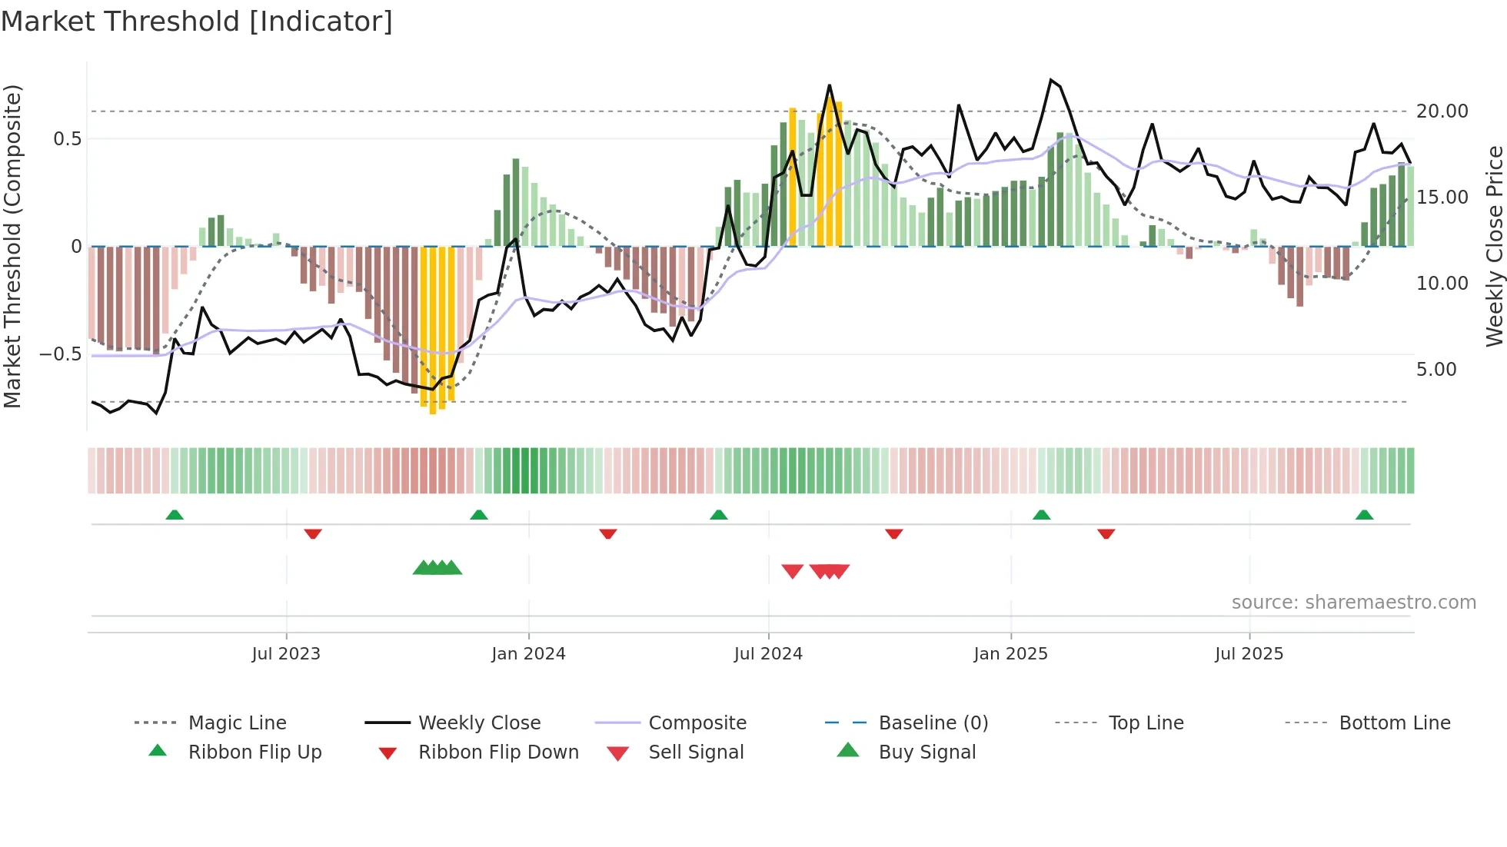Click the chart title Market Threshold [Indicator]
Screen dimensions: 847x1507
pos(197,22)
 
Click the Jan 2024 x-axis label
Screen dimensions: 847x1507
pos(528,653)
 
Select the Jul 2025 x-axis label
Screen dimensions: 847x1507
pos(1249,653)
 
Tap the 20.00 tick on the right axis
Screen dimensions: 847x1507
pos(1442,111)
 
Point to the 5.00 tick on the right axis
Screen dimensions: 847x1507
pos(1435,370)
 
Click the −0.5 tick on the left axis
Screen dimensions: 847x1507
pos(60,354)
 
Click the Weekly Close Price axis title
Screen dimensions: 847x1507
pos(1494,246)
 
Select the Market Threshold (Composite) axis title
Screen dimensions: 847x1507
pos(12,246)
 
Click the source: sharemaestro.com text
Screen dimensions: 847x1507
pos(1353,602)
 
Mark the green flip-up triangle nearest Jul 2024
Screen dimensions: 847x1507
pos(718,515)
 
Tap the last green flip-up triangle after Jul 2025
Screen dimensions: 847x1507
pos(1364,515)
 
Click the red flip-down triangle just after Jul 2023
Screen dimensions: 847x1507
pos(312,533)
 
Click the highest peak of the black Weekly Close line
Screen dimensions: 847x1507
pos(1050,80)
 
